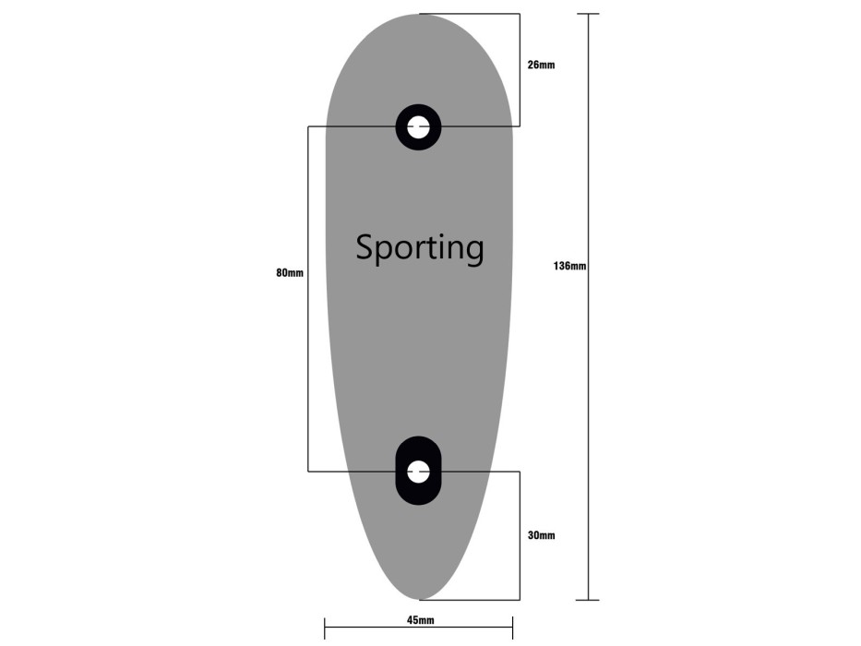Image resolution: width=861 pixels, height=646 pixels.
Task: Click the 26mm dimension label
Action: coord(542,65)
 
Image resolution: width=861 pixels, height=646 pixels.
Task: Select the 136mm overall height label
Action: coord(569,267)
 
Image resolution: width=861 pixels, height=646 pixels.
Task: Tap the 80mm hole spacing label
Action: coord(290,273)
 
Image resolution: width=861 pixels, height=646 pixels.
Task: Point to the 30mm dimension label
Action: coord(542,535)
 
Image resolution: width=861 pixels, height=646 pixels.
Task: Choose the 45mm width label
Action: coord(420,620)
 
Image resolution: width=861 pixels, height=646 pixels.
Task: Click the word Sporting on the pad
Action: coord(420,248)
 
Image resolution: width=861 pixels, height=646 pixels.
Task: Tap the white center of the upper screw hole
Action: coord(418,127)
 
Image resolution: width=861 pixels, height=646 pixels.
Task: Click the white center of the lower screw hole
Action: coord(418,472)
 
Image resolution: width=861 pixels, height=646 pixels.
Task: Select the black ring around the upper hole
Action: coord(402,127)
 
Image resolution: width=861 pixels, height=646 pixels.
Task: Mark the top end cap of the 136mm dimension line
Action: coord(588,14)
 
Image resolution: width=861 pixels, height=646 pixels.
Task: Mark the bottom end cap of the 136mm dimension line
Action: coord(588,600)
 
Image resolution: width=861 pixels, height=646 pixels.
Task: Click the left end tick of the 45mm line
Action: coord(325,628)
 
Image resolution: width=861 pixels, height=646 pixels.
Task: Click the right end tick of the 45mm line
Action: coord(512,628)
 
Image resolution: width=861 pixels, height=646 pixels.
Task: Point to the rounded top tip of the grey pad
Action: coord(420,15)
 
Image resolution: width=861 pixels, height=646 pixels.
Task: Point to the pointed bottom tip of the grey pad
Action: coord(420,599)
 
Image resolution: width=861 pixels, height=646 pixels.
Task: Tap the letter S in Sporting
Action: coord(365,247)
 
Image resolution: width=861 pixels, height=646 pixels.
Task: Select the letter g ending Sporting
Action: coord(472,254)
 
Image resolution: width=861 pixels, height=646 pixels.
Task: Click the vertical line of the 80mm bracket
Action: coord(308,299)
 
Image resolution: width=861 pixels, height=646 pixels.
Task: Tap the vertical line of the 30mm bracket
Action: coord(520,535)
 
